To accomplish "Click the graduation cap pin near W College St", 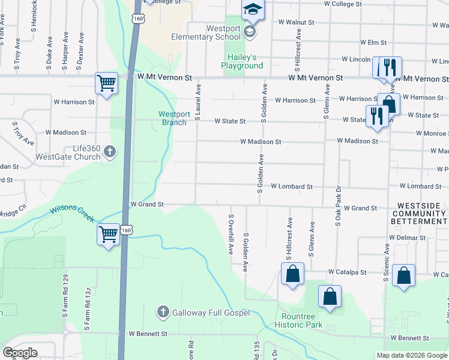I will pos(253,9).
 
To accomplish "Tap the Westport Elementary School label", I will pos(215,32).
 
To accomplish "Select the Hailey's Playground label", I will pos(242,61).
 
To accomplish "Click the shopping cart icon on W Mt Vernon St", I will pos(106,83).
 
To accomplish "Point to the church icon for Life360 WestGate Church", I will pos(109,152).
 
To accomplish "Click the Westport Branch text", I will pos(175,118).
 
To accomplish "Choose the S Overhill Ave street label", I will pos(231,234).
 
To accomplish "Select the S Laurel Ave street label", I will pos(197,102).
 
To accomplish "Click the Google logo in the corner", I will pos(20,353).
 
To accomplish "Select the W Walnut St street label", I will pos(297,22).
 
